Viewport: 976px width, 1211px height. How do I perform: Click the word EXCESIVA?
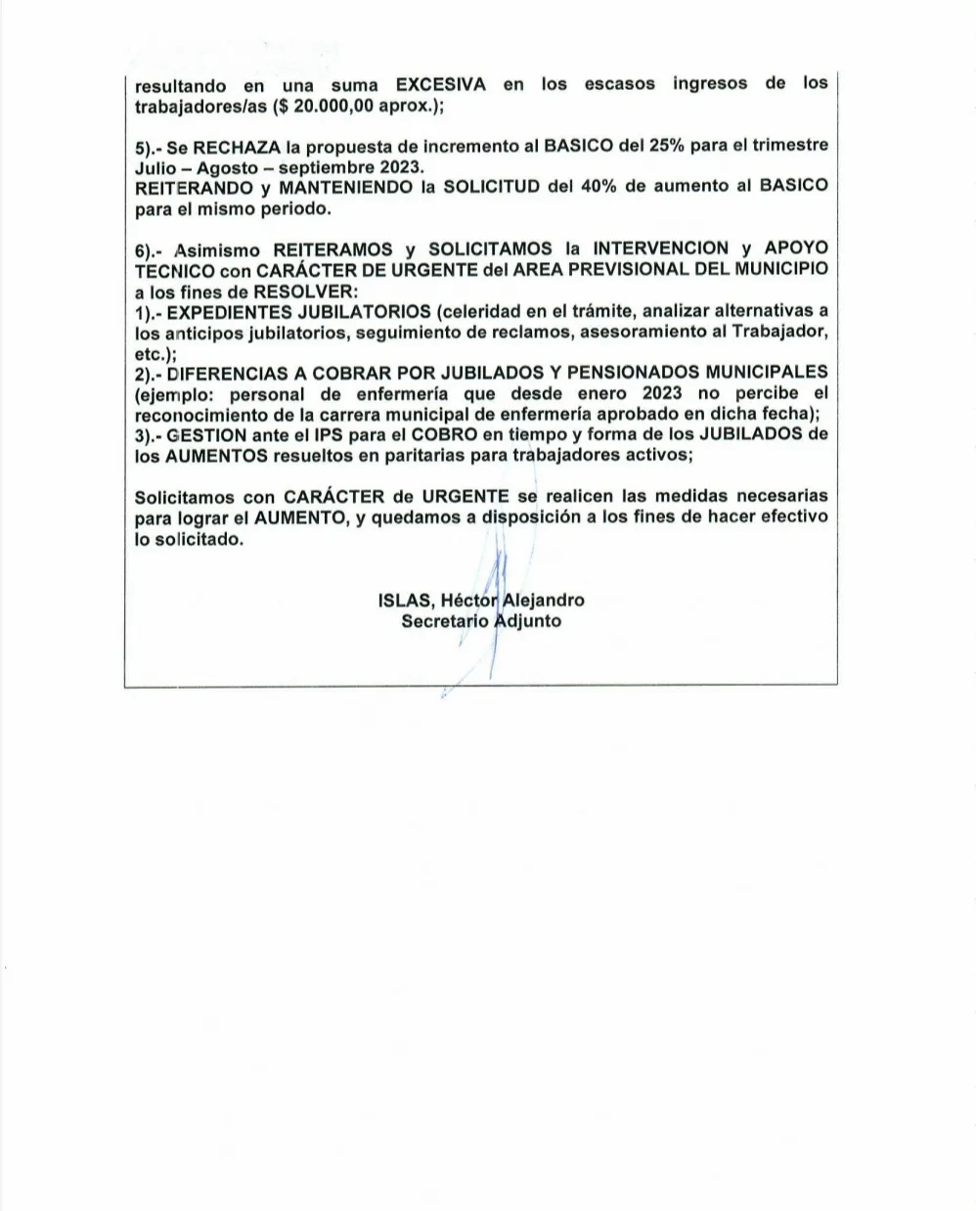(440, 85)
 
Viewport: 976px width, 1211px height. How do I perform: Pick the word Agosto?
(227, 166)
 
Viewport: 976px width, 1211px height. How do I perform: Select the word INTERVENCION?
(661, 248)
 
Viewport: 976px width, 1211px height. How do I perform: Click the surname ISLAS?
(404, 600)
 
